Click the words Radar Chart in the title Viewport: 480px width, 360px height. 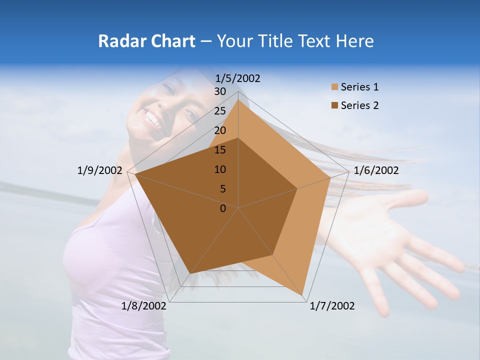[x=146, y=41]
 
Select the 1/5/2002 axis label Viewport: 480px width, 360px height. [x=238, y=78]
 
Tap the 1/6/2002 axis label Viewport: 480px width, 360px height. [x=376, y=170]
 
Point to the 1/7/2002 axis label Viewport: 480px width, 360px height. [x=332, y=306]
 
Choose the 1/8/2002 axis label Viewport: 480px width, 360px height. [x=144, y=306]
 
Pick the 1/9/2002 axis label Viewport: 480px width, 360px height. [x=100, y=170]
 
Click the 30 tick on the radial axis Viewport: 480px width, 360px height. [x=220, y=91]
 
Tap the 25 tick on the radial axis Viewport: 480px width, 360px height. [x=220, y=111]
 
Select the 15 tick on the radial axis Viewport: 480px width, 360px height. [x=220, y=150]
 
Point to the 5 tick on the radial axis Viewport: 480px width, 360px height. [x=223, y=189]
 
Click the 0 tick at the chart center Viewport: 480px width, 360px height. [x=223, y=208]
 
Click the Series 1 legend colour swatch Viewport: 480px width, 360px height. [x=334, y=87]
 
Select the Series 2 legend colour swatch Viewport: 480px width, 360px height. [x=334, y=105]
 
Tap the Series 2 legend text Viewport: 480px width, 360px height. [x=359, y=105]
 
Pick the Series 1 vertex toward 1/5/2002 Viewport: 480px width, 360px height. [x=238, y=99]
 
